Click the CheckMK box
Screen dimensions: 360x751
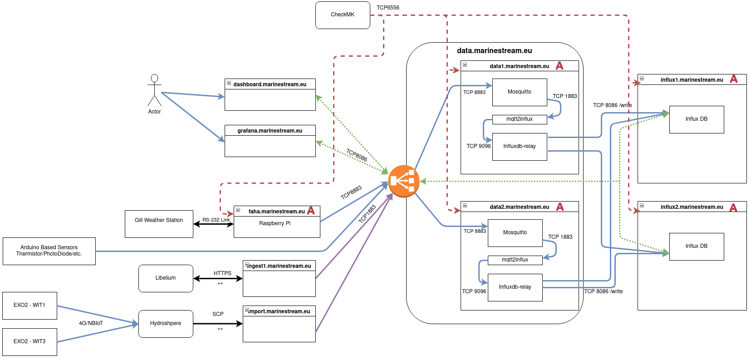(x=343, y=15)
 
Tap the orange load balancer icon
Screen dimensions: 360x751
(x=403, y=181)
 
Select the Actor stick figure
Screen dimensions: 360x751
(x=154, y=90)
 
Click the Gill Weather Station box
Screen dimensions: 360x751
(x=159, y=224)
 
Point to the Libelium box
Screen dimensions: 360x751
(x=166, y=278)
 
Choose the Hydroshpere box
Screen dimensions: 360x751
(x=166, y=324)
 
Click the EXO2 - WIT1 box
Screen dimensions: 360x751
(x=29, y=306)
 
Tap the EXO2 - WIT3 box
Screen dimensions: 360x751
(x=29, y=342)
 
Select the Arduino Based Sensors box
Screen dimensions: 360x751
(x=49, y=251)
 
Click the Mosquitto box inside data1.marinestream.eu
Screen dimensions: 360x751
(x=520, y=92)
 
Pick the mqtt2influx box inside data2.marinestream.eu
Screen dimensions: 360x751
(x=515, y=260)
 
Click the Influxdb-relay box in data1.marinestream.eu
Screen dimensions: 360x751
(x=520, y=147)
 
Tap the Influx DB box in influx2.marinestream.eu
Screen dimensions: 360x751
(x=697, y=247)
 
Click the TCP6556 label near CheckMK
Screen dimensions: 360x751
(x=388, y=8)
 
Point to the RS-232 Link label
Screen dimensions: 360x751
(x=216, y=220)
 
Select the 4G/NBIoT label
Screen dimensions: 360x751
(x=91, y=323)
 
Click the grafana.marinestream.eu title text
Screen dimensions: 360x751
(x=270, y=131)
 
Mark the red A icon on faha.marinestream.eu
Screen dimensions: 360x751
(x=311, y=211)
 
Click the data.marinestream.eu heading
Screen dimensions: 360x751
(x=494, y=51)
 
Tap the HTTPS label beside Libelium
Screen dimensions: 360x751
(x=222, y=273)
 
